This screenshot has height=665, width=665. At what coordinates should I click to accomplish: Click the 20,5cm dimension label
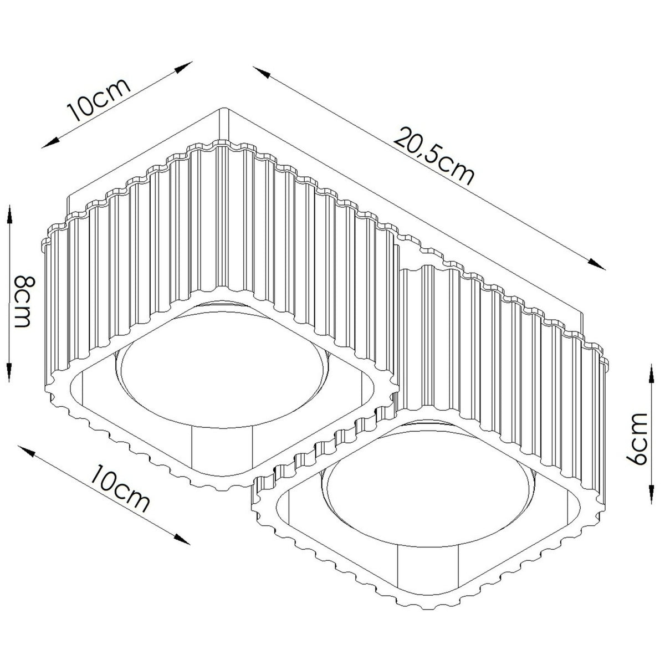(433, 156)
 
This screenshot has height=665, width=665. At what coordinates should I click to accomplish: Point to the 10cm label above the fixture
(99, 100)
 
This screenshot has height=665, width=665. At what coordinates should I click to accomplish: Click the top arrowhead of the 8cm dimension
(9, 214)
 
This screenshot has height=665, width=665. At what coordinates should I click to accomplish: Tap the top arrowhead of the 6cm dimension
(651, 374)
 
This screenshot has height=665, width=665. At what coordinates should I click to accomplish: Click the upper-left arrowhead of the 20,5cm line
(261, 72)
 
